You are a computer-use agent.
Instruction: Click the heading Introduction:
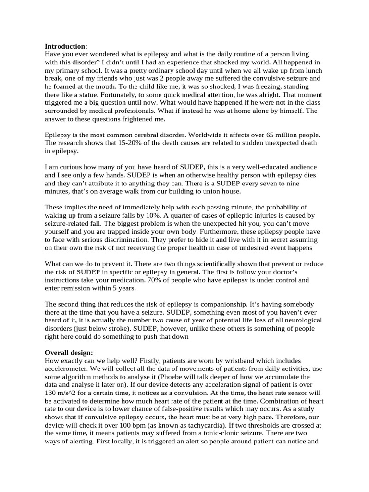66,46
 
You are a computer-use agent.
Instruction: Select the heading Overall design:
69,352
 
